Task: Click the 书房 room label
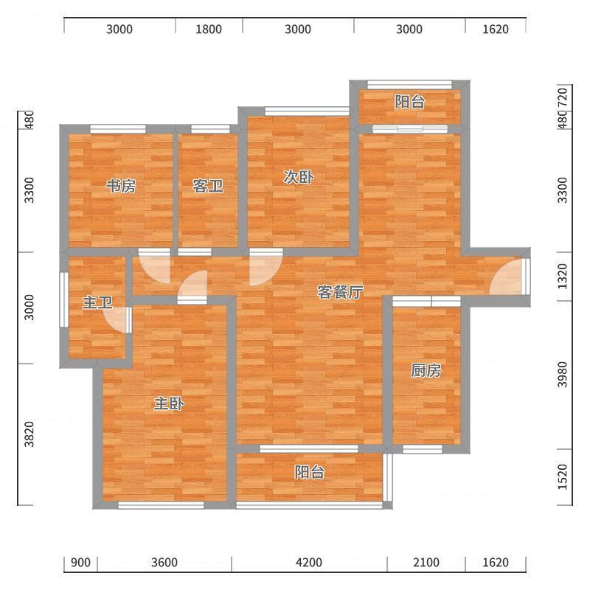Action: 121,187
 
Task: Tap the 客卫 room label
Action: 208,186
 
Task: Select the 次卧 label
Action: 299,177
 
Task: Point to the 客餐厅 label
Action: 340,292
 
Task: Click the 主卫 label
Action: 97,302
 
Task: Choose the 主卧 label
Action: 169,403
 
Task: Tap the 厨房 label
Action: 426,371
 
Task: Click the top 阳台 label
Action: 410,102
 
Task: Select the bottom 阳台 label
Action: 309,472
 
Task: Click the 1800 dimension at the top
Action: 209,29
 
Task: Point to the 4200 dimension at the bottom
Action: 309,563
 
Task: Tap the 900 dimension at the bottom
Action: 80,563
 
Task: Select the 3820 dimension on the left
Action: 29,434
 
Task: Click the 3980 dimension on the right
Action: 562,375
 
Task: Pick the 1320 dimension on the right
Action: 562,276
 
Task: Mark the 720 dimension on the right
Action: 562,97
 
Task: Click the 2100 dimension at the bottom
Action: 426,563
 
